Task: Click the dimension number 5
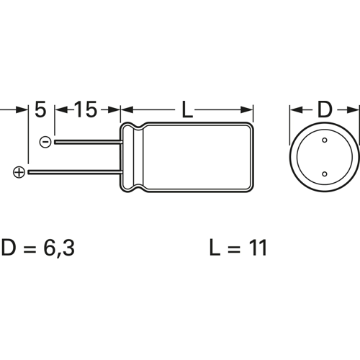40,110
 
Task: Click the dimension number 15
85,110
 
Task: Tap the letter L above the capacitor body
187,110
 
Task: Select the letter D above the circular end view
324,110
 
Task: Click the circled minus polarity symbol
45,143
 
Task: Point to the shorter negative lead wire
86,143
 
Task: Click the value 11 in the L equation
256,248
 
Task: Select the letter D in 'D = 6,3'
10,248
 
